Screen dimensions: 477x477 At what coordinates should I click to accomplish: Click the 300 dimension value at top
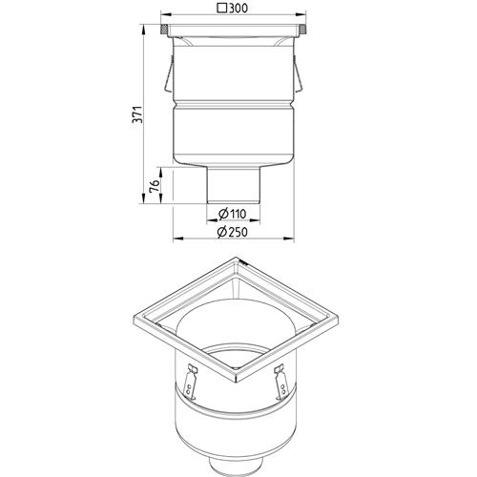(x=238, y=9)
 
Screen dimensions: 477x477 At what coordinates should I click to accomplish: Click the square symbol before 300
(x=222, y=9)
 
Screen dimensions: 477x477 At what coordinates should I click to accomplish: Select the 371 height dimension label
(x=136, y=114)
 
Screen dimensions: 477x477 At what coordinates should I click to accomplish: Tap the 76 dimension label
(x=154, y=185)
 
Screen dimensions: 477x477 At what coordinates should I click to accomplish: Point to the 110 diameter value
(x=238, y=214)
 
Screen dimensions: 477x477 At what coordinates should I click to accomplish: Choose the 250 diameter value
(x=238, y=232)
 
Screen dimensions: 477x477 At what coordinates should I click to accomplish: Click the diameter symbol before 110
(x=223, y=214)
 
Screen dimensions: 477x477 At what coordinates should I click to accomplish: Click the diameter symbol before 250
(x=222, y=232)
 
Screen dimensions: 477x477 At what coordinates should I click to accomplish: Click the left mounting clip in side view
(x=169, y=74)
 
